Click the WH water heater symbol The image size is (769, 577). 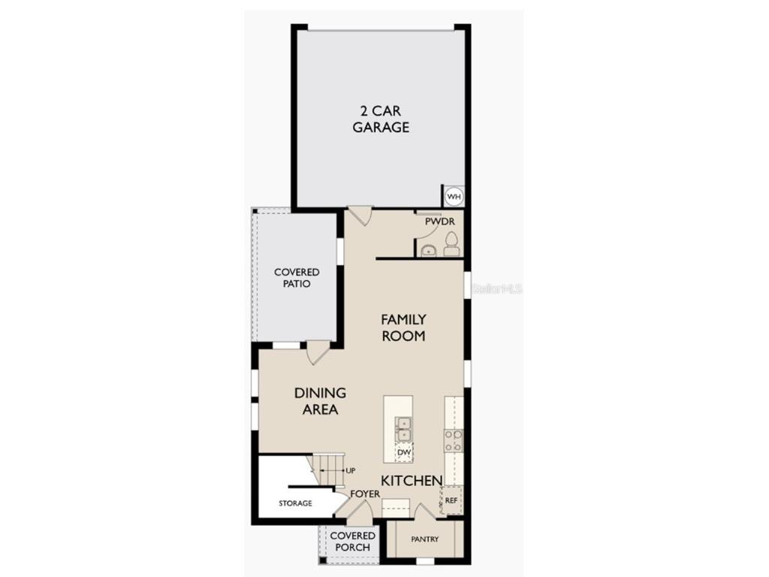[454, 197]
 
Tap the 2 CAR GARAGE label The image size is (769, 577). [381, 119]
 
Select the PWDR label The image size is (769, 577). [440, 222]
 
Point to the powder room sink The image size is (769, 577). [428, 250]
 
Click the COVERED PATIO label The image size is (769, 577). [297, 278]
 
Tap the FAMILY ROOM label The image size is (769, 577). [403, 328]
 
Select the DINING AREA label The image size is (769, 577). [320, 401]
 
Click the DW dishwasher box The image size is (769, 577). [404, 452]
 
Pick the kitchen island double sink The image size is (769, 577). [404, 429]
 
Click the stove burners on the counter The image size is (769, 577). [453, 441]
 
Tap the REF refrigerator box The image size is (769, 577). [451, 500]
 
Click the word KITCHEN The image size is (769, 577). [411, 480]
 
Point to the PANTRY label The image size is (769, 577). [424, 539]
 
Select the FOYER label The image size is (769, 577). [366, 494]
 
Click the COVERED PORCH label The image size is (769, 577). [353, 541]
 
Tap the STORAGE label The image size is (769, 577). [295, 503]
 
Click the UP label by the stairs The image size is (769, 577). [350, 470]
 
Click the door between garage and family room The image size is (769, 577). [360, 216]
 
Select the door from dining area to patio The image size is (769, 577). [318, 351]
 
